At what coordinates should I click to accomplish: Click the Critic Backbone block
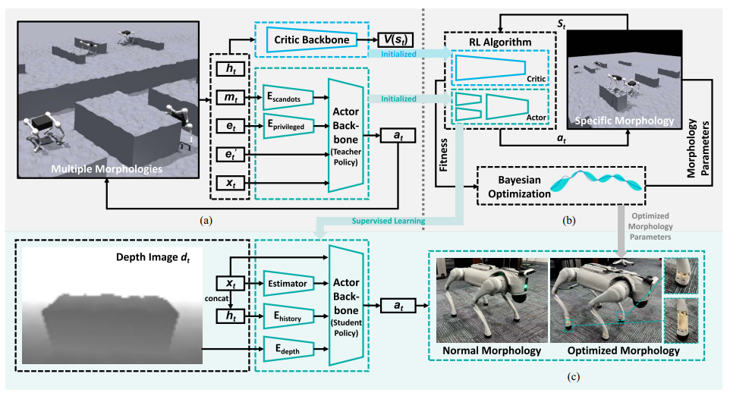(x=314, y=39)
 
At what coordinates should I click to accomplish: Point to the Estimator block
(x=288, y=284)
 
